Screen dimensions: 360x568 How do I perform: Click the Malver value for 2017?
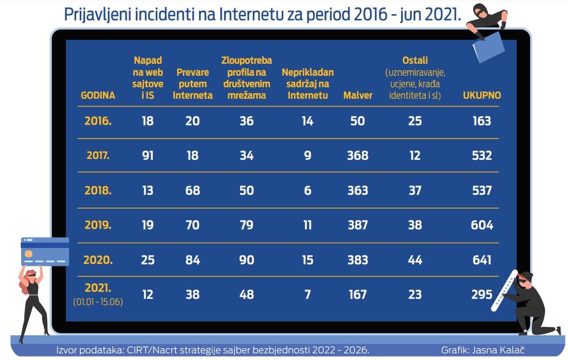[358, 155]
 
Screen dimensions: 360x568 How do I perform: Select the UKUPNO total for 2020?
[482, 260]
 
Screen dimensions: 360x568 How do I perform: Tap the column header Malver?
[358, 95]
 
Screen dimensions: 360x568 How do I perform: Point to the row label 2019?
[98, 225]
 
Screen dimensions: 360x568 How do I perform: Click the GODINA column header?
[98, 95]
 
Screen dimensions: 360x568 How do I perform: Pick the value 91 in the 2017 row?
[148, 155]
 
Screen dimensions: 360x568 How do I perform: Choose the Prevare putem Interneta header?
[193, 84]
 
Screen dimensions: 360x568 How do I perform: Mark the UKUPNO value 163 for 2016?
[482, 120]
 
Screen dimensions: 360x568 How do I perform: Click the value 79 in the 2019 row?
[247, 225]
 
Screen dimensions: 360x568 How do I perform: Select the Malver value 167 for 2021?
[358, 295]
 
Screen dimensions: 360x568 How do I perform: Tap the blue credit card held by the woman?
[45, 252]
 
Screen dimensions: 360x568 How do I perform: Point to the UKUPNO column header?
[482, 95]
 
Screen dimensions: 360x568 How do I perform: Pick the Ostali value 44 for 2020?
[415, 260]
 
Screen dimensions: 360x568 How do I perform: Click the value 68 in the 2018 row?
[193, 190]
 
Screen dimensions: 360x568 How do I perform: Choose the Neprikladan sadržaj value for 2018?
[307, 190]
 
